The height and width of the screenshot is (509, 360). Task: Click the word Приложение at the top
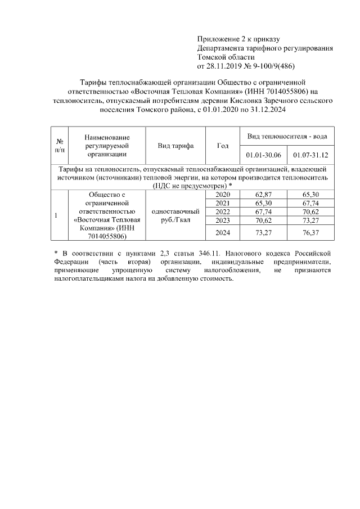[216, 39]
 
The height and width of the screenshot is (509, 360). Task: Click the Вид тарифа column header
[176, 146]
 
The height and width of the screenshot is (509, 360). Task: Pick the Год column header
[223, 146]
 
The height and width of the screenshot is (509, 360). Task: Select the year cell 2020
[223, 194]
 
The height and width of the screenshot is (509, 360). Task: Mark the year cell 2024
[223, 232]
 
